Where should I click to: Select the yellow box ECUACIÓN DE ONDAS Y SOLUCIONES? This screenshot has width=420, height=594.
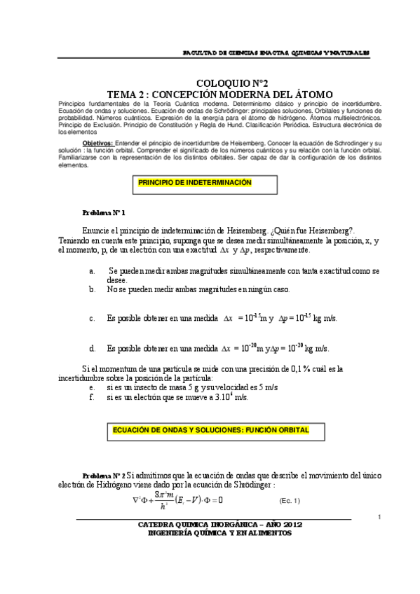pos(210,429)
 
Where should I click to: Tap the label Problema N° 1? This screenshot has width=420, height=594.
pos(104,212)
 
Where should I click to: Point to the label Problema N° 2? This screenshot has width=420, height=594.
pos(104,474)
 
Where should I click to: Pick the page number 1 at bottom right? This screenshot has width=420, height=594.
pos(379,517)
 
